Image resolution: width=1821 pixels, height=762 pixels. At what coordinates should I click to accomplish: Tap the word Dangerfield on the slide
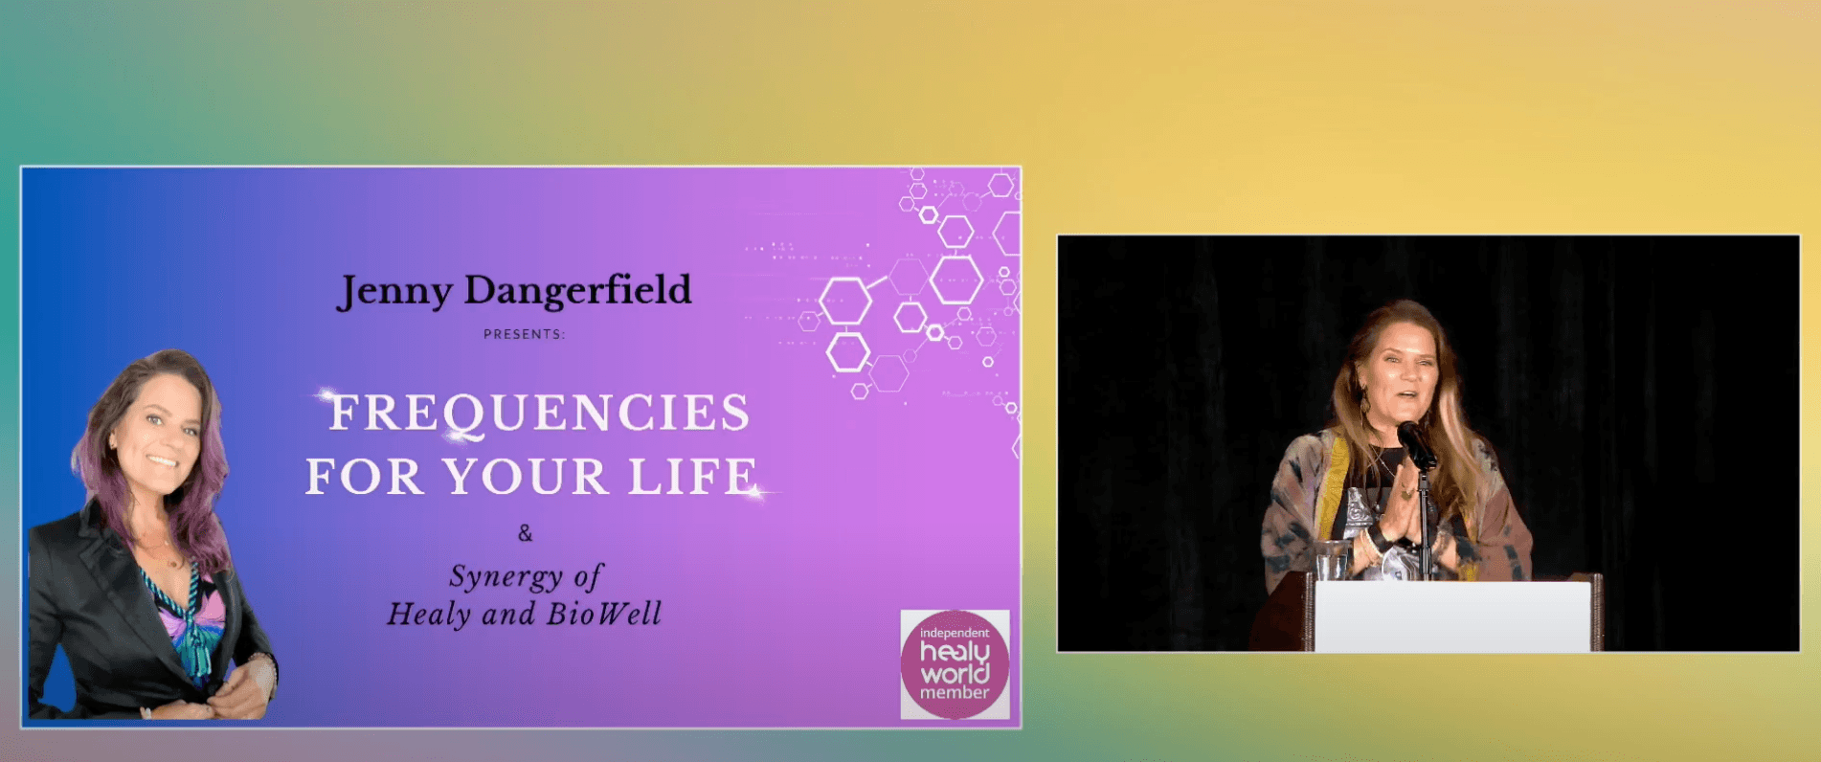pos(577,289)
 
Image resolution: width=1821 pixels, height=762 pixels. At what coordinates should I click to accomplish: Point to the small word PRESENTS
pos(524,334)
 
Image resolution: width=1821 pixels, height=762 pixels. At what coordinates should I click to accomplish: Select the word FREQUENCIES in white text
pos(539,413)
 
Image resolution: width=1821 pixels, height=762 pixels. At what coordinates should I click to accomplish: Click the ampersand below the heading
pos(525,533)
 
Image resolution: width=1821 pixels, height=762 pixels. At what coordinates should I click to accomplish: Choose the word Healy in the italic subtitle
pos(429,615)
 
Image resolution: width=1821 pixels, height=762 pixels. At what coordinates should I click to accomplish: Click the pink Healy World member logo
pos(955,664)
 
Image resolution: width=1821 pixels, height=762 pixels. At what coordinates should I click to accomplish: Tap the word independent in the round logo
pos(955,633)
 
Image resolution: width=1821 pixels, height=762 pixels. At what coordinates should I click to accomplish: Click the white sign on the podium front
pos(1452,616)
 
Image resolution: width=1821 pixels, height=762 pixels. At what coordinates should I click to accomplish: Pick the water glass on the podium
pos(1330,560)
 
